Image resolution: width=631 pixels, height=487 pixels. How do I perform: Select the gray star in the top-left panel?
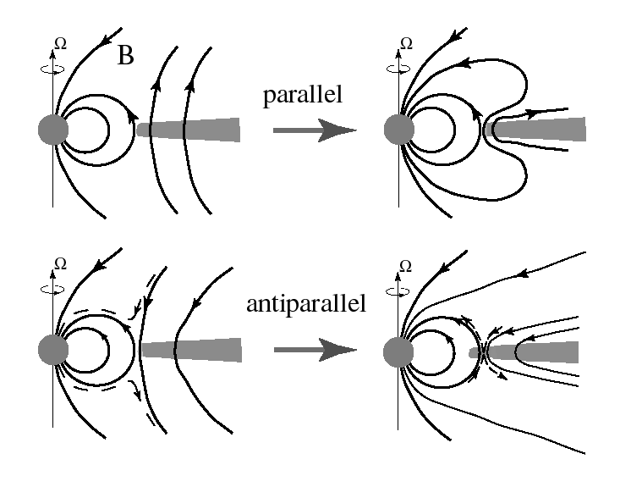(x=53, y=130)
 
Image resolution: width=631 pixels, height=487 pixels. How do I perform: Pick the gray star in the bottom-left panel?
(x=53, y=349)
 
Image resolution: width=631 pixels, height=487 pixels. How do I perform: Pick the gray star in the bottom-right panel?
(x=398, y=350)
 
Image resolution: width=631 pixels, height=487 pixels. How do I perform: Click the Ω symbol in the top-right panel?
(x=404, y=42)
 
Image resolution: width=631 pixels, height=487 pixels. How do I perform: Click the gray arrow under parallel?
(x=314, y=130)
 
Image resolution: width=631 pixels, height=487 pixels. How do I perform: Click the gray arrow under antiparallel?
(x=314, y=349)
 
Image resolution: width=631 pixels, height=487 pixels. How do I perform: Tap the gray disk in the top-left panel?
(x=188, y=130)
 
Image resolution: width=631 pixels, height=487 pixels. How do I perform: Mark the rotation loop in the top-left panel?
(x=53, y=63)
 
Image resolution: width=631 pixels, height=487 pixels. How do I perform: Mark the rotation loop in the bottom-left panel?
(x=53, y=287)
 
